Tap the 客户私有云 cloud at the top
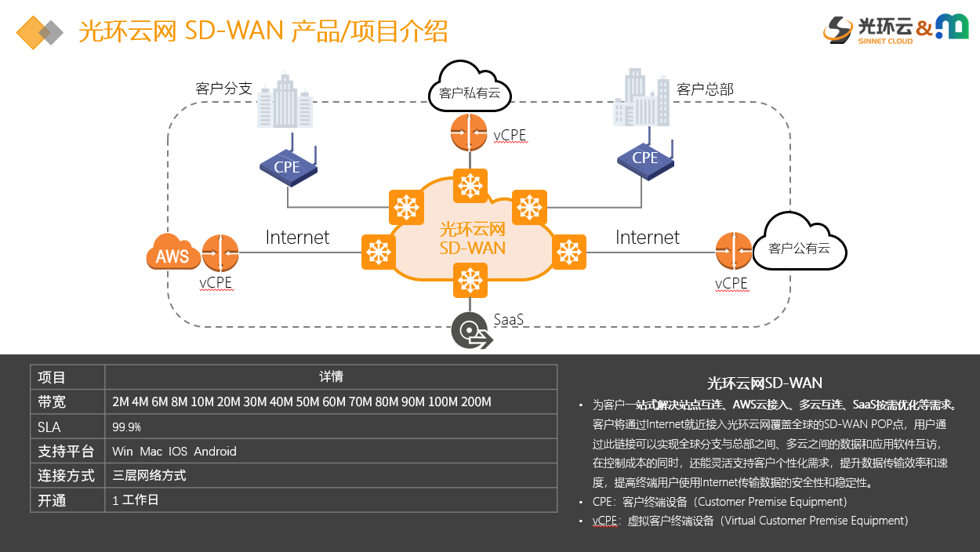point(470,92)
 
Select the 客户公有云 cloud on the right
point(799,246)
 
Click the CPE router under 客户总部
point(644,159)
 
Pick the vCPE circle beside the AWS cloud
point(220,253)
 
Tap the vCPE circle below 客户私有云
point(470,133)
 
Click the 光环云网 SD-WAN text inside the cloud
point(472,238)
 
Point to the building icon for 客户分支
point(284,102)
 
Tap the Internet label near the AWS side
point(297,237)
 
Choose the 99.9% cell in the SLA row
point(127,427)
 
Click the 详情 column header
point(331,377)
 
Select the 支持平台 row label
point(67,452)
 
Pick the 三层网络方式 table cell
point(150,476)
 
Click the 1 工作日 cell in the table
point(136,500)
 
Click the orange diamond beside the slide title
point(34,32)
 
